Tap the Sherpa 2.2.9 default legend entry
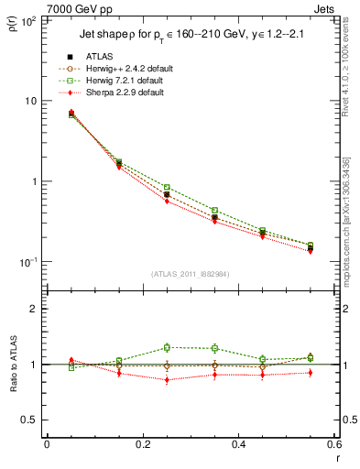125,93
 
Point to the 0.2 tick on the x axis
142,445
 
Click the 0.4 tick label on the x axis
237,445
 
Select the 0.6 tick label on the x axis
332,445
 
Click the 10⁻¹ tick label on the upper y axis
27,262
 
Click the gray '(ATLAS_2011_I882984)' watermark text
189,274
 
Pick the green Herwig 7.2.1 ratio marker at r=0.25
167,347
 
